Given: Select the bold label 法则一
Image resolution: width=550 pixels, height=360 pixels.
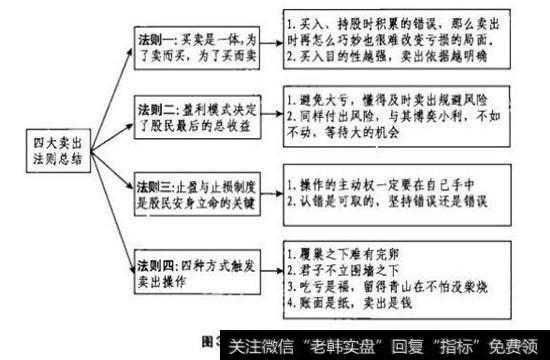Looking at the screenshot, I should click(x=157, y=35).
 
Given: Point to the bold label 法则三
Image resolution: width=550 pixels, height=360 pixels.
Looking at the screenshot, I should click(x=157, y=186).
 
